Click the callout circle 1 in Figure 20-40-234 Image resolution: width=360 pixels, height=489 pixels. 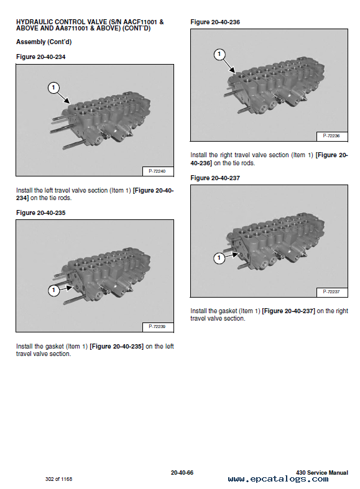point(53,88)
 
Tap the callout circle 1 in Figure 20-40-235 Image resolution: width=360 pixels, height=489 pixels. point(53,290)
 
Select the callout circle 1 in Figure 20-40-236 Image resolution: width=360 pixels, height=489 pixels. point(219,54)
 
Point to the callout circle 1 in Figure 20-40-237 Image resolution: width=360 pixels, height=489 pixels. point(219,258)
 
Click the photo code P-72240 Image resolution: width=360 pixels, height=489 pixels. point(157,171)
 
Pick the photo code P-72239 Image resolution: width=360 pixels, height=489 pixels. point(157,326)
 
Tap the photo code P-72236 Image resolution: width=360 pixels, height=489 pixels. point(331,135)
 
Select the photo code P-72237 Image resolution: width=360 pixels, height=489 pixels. point(331,291)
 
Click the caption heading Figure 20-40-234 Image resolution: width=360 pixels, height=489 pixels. point(41,57)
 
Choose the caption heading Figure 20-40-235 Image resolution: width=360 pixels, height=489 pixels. point(41,213)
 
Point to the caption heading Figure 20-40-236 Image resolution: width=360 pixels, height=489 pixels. point(215,22)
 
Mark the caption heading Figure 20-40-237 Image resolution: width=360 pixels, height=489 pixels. point(215,178)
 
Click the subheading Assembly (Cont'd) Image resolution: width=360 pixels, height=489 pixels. point(44,42)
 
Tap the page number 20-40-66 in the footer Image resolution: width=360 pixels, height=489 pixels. point(182,473)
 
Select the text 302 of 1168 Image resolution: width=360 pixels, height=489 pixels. point(58,479)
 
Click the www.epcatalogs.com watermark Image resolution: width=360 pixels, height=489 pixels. point(279,479)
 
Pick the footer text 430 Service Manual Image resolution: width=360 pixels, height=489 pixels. point(322,473)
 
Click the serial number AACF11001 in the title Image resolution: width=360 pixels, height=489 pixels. point(140,22)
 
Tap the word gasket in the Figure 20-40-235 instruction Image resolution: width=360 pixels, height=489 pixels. point(54,347)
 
